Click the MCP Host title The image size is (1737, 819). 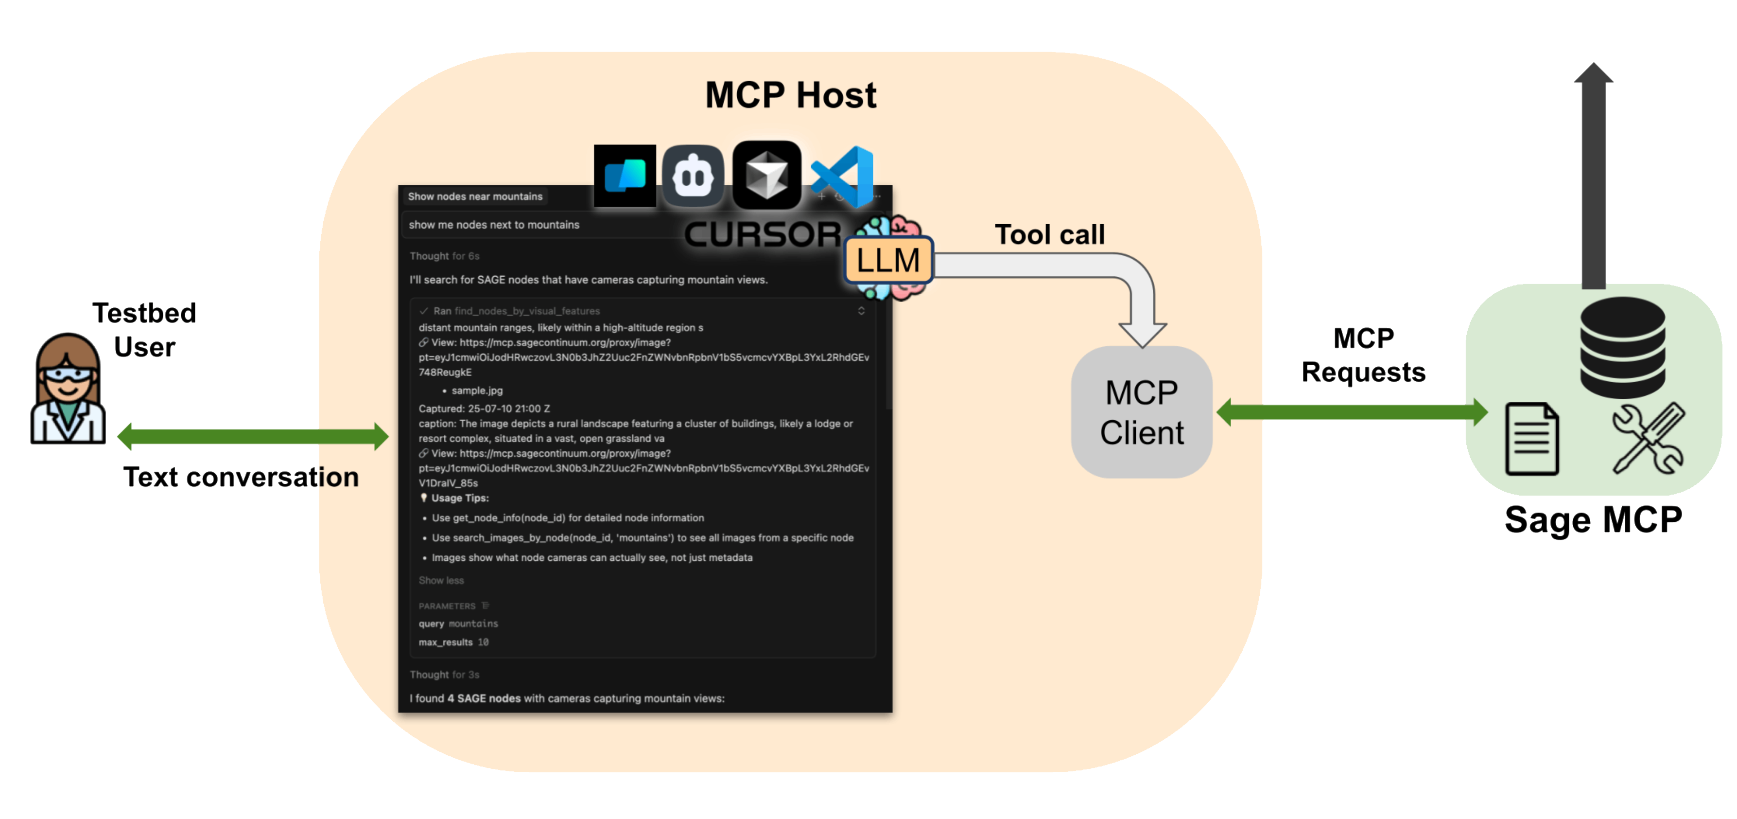790,95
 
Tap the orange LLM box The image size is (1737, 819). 888,260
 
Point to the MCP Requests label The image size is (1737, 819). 1363,356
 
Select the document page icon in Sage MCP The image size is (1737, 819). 1531,439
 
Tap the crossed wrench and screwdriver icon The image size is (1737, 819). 1647,439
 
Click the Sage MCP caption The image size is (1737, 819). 1593,520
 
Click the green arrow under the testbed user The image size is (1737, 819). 253,436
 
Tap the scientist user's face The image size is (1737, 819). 68,375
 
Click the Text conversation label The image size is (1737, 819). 241,478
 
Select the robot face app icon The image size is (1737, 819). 693,176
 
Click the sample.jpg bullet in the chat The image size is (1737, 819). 477,391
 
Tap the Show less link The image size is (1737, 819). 441,580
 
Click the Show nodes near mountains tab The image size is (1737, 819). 475,196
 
